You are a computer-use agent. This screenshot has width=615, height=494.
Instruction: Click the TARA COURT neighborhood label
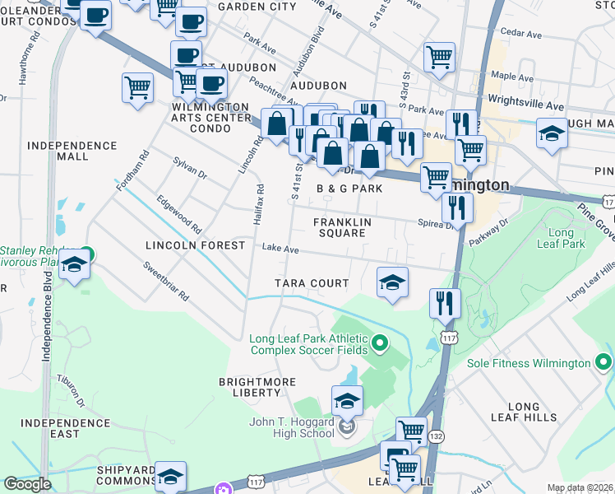(x=312, y=283)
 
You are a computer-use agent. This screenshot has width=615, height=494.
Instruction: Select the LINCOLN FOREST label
(x=195, y=245)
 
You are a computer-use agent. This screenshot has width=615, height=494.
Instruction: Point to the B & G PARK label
(x=350, y=189)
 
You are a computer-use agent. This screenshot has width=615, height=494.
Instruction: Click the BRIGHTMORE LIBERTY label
(x=250, y=387)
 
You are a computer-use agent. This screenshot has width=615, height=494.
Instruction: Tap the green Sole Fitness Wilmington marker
(x=603, y=362)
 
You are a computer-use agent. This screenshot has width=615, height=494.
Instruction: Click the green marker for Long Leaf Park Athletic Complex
(x=379, y=342)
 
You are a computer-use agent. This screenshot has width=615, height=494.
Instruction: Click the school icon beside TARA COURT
(x=392, y=282)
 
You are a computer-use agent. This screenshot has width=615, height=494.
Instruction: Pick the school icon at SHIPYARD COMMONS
(x=170, y=476)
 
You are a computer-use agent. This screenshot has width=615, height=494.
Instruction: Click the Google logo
(x=27, y=484)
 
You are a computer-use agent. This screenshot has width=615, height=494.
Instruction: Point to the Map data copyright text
(x=580, y=488)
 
